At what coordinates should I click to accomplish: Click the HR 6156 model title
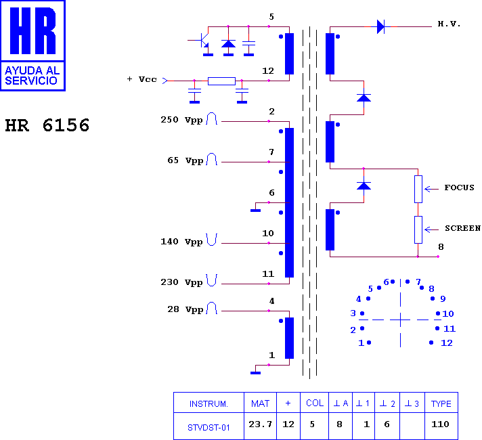47,125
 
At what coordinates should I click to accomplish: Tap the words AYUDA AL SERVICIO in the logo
32,76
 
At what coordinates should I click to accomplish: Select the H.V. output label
449,24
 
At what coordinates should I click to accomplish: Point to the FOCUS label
459,188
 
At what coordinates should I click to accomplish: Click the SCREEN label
462,228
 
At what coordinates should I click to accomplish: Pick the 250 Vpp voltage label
181,120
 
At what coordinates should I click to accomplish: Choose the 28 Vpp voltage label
185,309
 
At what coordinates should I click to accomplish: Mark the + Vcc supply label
141,79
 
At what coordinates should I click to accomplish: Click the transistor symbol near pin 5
203,40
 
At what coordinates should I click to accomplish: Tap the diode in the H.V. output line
380,27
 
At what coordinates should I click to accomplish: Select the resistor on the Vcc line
221,81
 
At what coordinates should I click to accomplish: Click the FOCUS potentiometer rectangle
418,189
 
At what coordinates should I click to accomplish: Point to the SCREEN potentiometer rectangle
418,229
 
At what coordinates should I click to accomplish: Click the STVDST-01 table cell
209,427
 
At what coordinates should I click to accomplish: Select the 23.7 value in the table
261,424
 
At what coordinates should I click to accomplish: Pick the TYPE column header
441,403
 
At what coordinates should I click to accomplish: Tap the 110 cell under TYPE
440,424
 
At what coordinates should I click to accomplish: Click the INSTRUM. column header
209,403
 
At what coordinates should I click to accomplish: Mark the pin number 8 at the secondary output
441,247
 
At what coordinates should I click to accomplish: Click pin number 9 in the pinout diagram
443,299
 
